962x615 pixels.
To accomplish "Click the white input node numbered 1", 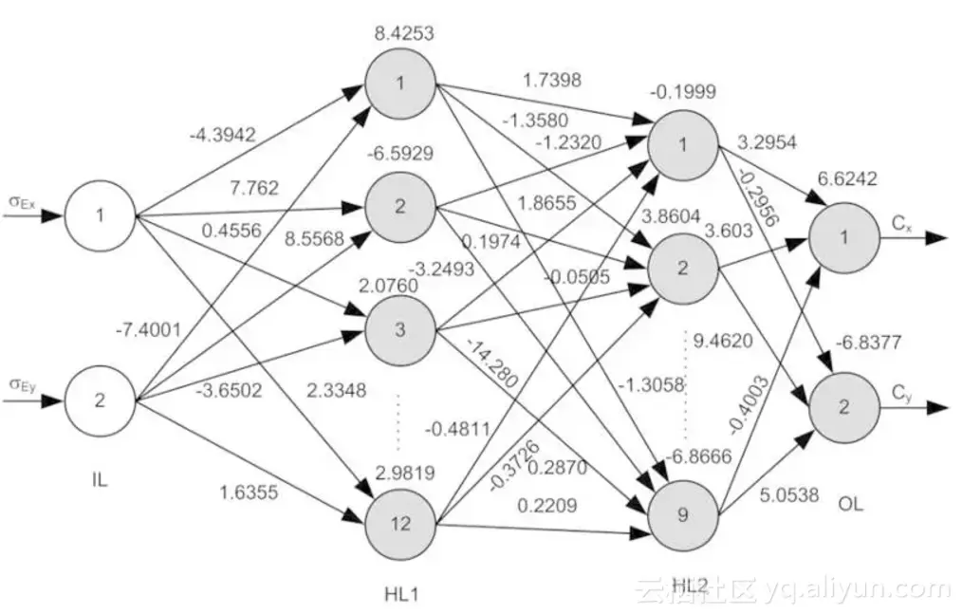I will (100, 215).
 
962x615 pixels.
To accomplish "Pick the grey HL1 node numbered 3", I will (400, 330).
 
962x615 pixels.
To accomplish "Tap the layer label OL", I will (851, 503).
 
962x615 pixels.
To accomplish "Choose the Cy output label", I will (901, 391).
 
